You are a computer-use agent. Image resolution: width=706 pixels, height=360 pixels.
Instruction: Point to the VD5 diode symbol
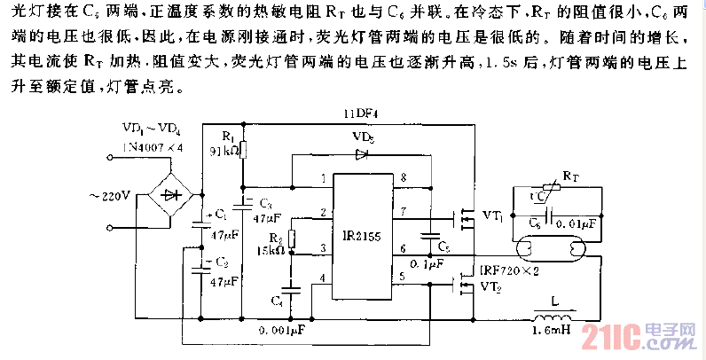pos(361,154)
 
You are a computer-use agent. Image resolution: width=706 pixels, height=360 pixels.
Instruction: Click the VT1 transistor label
pos(493,216)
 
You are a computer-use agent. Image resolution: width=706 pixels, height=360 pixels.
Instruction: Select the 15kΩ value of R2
pos(271,251)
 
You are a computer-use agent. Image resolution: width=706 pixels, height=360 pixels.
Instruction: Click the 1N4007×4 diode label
pos(153,146)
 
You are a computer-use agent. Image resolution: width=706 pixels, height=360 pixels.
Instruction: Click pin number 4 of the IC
pos(324,278)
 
